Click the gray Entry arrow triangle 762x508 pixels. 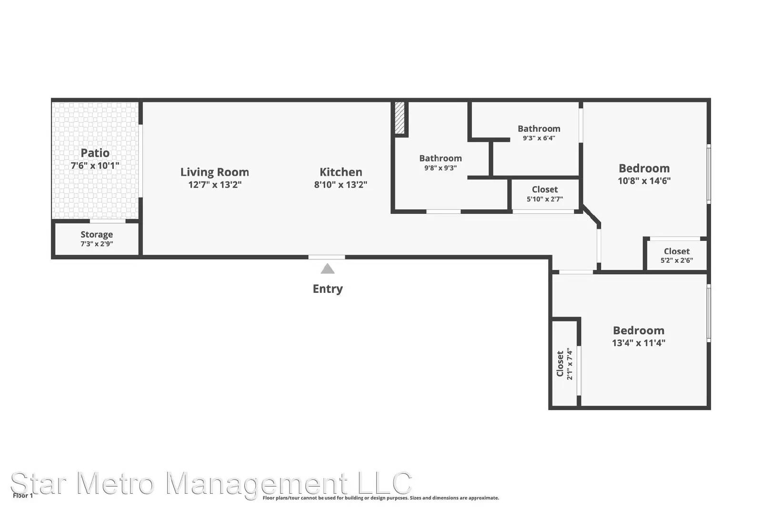pos(328,269)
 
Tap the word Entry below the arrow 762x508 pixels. pos(328,289)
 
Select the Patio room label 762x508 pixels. pos(95,153)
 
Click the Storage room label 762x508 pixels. pos(97,234)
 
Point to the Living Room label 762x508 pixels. pos(215,172)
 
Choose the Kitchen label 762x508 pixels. pos(341,172)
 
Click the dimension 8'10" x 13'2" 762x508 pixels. pos(341,185)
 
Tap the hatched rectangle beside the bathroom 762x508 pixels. pos(400,118)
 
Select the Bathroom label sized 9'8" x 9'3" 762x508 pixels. pos(441,158)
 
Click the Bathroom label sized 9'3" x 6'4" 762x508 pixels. pos(539,129)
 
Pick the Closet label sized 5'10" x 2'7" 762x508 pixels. pos(545,189)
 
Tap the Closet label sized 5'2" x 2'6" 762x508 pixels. pos(677,251)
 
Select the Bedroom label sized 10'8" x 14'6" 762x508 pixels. pos(644,169)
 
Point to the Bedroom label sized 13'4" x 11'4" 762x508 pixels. pos(639,330)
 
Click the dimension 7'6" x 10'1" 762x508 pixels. pos(95,166)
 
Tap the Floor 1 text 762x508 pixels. pos(23,496)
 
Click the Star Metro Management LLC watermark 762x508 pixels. pos(211,483)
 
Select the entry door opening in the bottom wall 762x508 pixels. pos(327,257)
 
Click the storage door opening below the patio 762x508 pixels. pos(108,221)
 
